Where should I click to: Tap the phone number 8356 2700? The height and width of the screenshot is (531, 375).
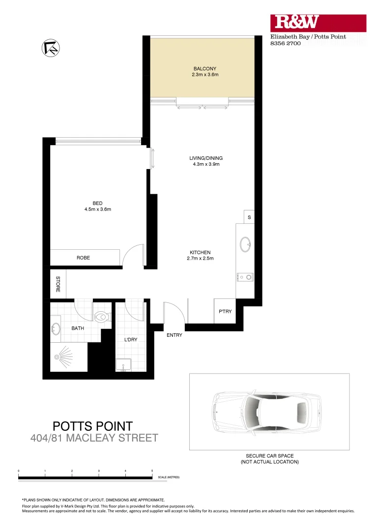pyautogui.click(x=286, y=43)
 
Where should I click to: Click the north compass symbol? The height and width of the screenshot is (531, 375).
pyautogui.click(x=51, y=47)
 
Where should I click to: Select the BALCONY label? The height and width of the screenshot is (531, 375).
pyautogui.click(x=204, y=69)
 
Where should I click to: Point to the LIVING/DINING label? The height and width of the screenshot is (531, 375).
pyautogui.click(x=206, y=158)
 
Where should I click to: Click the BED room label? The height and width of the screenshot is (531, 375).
pyautogui.click(x=98, y=203)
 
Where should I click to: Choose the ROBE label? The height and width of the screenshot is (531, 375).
pyautogui.click(x=83, y=258)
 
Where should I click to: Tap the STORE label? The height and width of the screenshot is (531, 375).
pyautogui.click(x=58, y=284)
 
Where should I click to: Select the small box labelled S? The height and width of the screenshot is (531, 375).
pyautogui.click(x=249, y=217)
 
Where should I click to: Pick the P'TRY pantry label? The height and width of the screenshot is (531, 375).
pyautogui.click(x=225, y=311)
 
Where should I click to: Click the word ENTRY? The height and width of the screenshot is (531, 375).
pyautogui.click(x=174, y=335)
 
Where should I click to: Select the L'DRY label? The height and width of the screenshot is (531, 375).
pyautogui.click(x=130, y=339)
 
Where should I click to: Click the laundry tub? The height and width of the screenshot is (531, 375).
pyautogui.click(x=124, y=365)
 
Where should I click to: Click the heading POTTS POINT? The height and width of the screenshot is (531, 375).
pyautogui.click(x=92, y=426)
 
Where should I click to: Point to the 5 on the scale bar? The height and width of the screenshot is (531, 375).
pyautogui.click(x=152, y=471)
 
